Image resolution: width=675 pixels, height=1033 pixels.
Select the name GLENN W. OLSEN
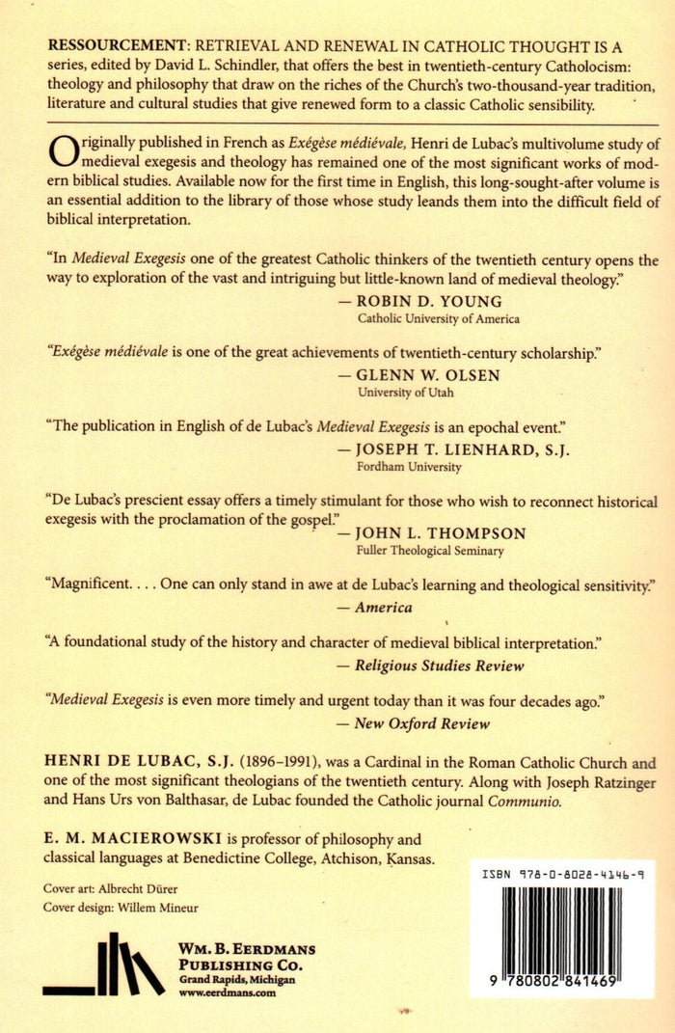429,375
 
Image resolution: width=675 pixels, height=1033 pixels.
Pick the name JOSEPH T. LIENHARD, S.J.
456,449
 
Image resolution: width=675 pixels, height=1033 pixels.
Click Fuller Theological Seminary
431,551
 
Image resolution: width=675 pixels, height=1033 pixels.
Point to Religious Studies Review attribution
439,665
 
